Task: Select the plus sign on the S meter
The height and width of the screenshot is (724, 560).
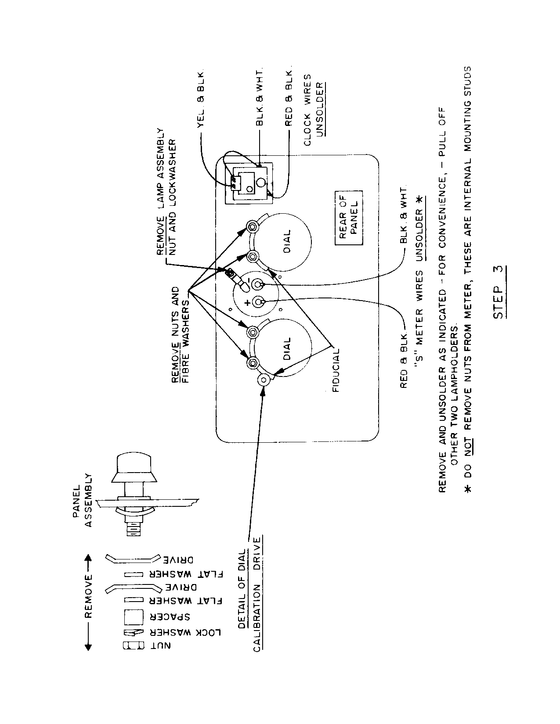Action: coord(247,302)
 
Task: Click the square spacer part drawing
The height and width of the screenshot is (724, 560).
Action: coord(134,617)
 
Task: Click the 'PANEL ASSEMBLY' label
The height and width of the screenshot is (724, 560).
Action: coord(83,500)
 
